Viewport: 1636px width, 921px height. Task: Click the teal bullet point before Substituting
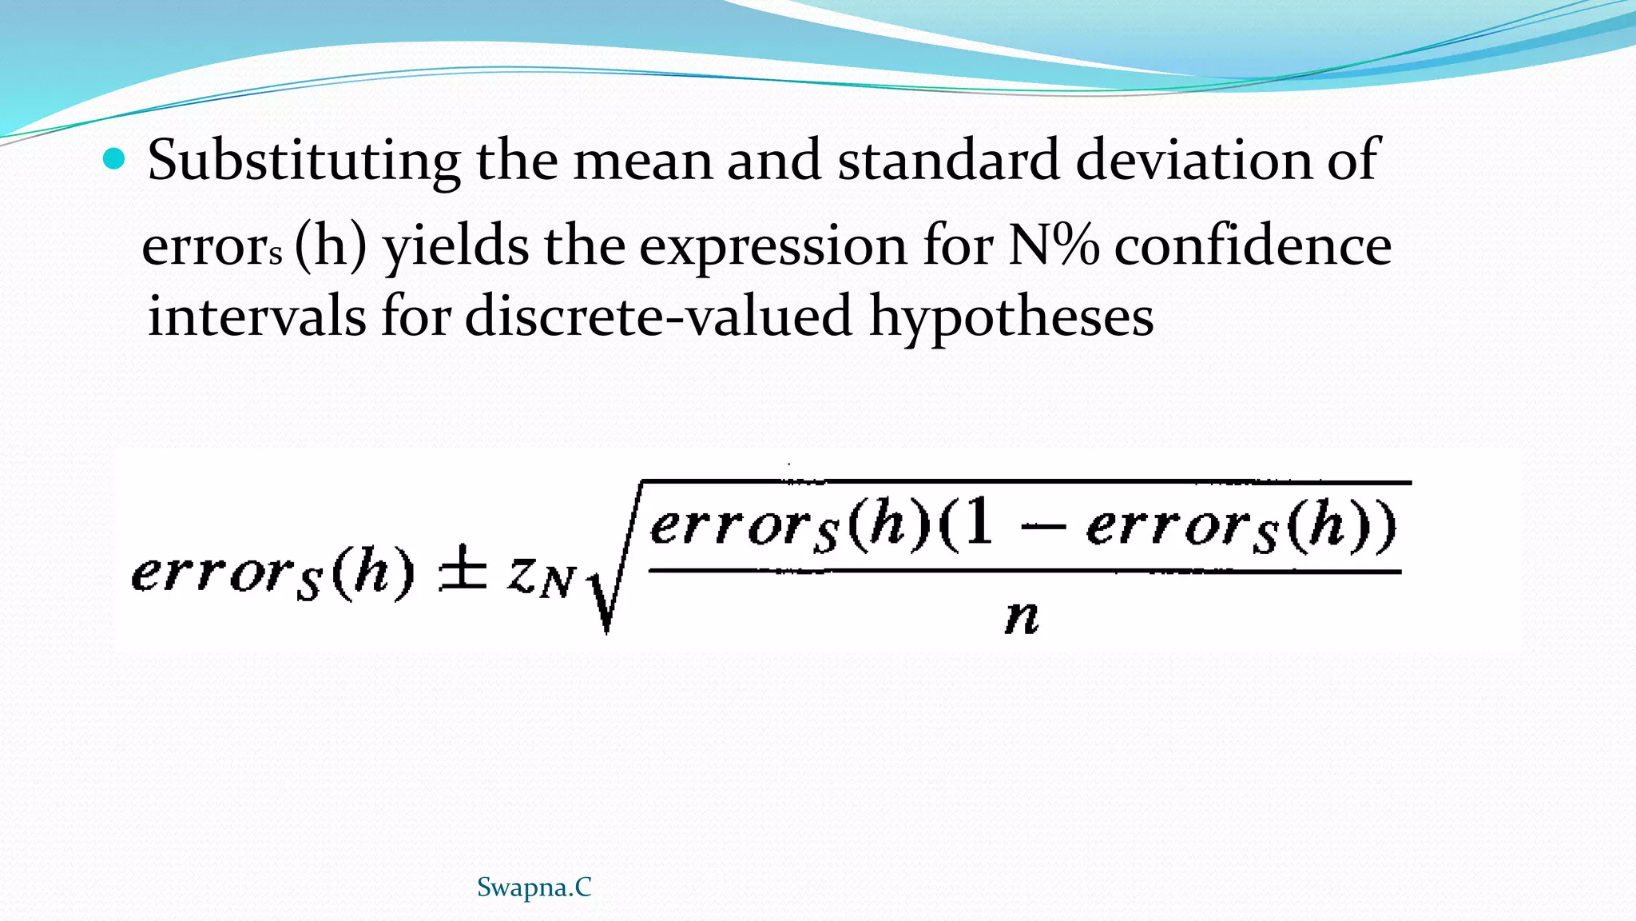pos(115,160)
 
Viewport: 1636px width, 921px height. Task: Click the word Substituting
pos(304,160)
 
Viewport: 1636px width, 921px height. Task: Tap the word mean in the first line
pos(642,160)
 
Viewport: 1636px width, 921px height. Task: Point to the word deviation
pos(1193,160)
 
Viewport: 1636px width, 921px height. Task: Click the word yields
pos(455,246)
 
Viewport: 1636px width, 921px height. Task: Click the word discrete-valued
pos(658,315)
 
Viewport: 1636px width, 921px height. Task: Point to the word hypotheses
pos(1011,317)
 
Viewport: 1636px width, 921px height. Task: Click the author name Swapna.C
pos(534,887)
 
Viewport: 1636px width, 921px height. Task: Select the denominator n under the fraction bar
pos(1022,616)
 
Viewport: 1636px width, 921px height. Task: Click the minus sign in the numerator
pos(1042,528)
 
